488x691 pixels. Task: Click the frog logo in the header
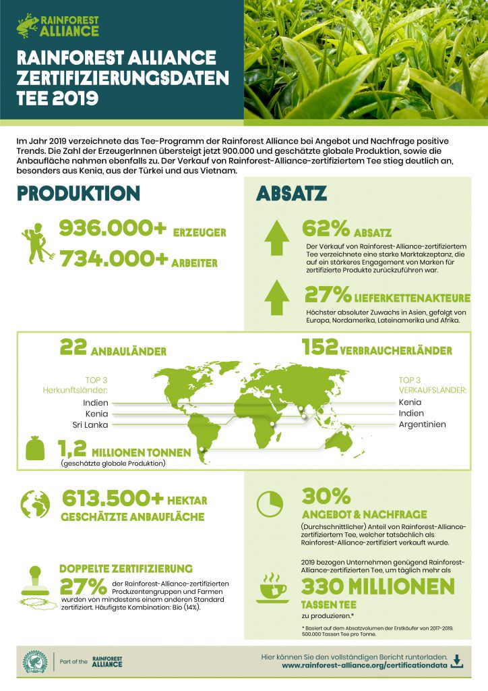pyautogui.click(x=28, y=26)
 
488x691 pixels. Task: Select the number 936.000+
pyautogui.click(x=113, y=229)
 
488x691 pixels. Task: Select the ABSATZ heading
pyautogui.click(x=291, y=194)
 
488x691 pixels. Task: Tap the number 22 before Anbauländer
pyautogui.click(x=73, y=348)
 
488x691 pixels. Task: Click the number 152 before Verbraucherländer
pyautogui.click(x=319, y=348)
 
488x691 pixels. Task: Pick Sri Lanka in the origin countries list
pyautogui.click(x=90, y=424)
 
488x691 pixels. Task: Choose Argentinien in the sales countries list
pyautogui.click(x=422, y=424)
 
